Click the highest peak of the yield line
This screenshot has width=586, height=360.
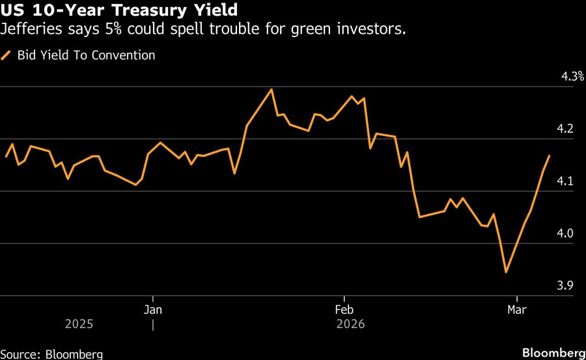click(272, 89)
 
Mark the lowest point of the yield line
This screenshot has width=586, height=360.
click(506, 272)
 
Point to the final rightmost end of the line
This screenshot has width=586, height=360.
click(550, 156)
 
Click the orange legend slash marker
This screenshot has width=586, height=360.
click(7, 55)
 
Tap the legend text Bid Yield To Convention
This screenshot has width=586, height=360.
click(86, 55)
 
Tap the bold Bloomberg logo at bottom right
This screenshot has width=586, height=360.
click(553, 353)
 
